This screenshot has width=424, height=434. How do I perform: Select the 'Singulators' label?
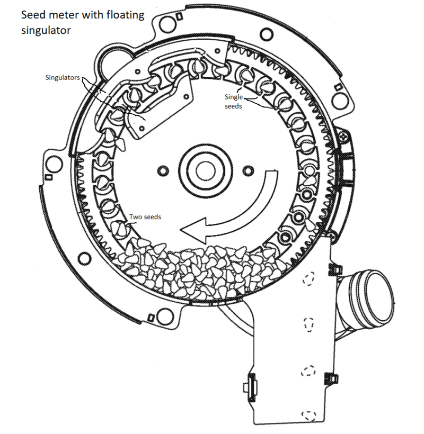point(63,78)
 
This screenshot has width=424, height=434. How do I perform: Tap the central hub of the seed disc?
point(204,169)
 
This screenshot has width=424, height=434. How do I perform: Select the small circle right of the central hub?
point(246,170)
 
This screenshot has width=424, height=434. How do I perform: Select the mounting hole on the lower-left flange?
point(83,259)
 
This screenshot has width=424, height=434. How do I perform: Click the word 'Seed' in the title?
point(33,15)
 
